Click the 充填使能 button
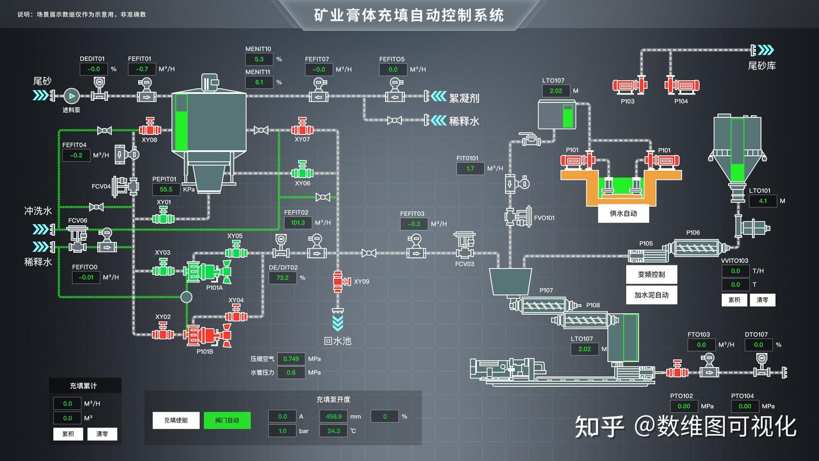point(176,421)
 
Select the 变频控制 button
point(651,274)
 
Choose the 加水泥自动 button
point(651,295)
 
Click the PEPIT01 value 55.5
point(166,190)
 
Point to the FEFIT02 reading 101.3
point(298,223)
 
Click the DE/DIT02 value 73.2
point(283,278)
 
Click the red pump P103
point(630,86)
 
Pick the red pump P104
point(682,86)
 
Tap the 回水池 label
point(337,341)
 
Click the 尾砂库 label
point(762,66)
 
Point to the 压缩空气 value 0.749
point(291,359)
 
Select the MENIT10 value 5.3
point(259,59)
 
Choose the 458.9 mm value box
point(334,417)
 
